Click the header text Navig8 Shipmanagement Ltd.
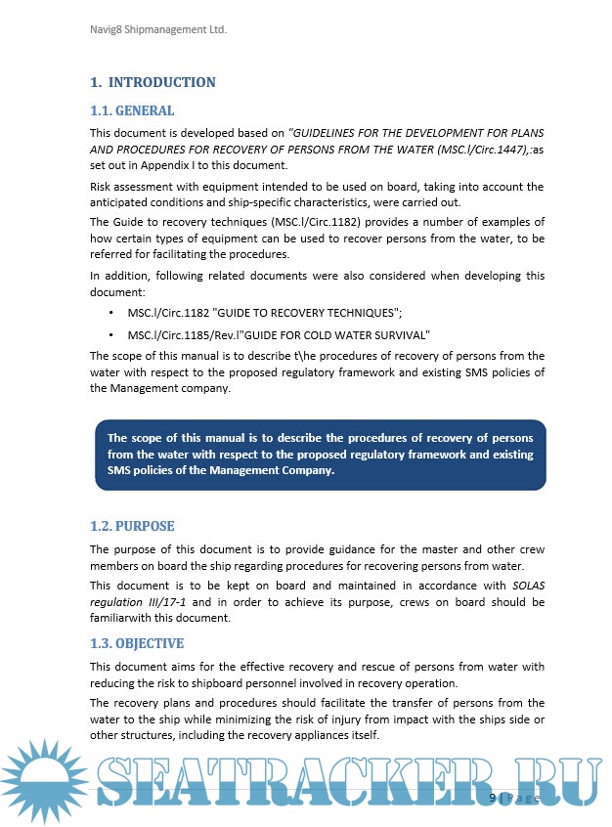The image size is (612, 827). point(158,30)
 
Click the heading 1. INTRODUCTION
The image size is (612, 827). point(153,83)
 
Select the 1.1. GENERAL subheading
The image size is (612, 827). point(132,110)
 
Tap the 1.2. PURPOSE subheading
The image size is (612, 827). point(132,526)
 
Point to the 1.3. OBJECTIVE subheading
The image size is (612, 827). point(137,644)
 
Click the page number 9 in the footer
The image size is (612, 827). point(493,798)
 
